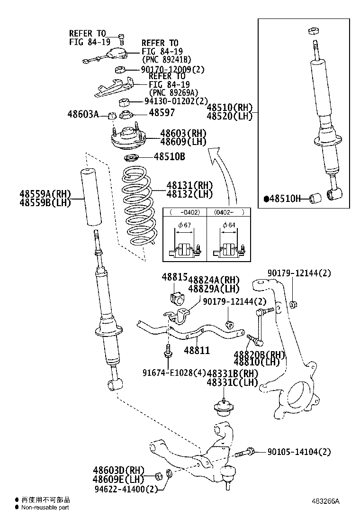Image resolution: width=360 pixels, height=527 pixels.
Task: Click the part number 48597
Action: click(x=162, y=113)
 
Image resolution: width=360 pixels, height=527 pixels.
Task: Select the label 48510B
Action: click(x=169, y=157)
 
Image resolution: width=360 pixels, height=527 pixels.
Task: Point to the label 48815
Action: click(x=175, y=277)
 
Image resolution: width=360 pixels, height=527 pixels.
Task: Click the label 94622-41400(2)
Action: click(x=126, y=489)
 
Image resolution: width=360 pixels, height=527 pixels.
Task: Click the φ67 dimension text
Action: click(x=185, y=225)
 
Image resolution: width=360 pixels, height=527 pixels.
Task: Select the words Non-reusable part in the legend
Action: click(x=45, y=508)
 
